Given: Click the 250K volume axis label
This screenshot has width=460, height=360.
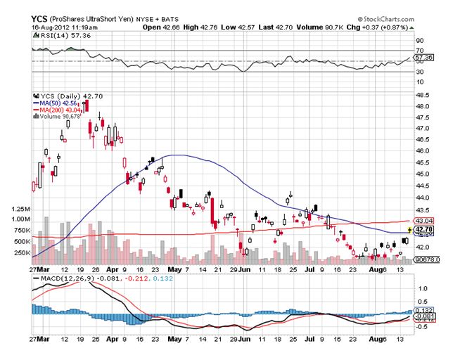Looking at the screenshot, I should pyautogui.click(x=18, y=252).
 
